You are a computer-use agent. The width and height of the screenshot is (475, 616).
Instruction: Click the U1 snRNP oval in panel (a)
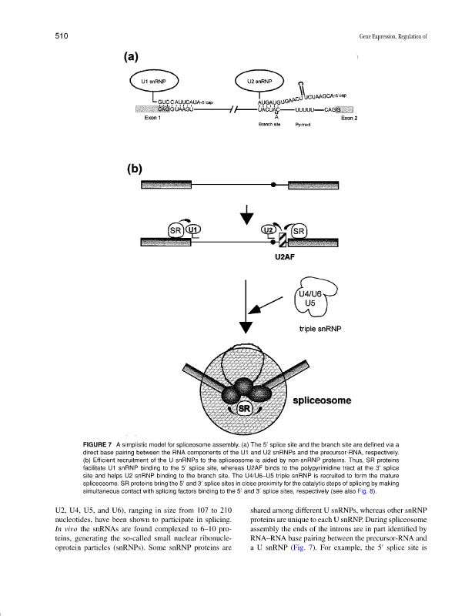(153, 81)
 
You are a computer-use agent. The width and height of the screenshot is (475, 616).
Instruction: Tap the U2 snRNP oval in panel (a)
(259, 81)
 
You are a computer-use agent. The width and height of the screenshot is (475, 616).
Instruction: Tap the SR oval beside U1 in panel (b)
(176, 230)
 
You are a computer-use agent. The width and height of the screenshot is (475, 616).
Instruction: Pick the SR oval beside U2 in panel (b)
(298, 230)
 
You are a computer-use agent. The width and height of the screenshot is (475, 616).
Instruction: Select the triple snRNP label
(319, 328)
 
